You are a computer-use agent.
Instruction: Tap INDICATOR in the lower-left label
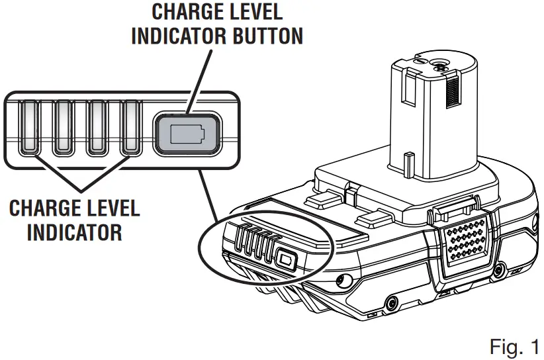pos(65,232)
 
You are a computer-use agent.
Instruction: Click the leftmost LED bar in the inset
pos(30,128)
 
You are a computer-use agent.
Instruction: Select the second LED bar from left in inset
pos(64,128)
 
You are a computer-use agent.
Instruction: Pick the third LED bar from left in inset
pos(98,128)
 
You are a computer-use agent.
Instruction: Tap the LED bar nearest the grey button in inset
pos(131,128)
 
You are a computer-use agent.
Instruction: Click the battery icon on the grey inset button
pos(187,134)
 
